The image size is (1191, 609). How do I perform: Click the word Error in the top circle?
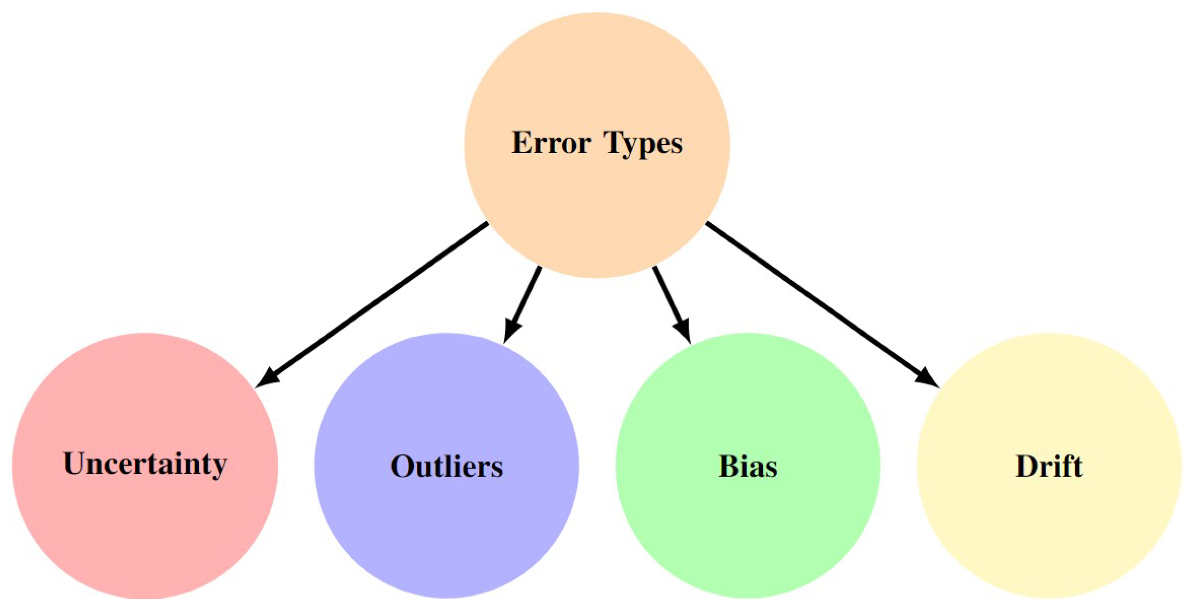(551, 143)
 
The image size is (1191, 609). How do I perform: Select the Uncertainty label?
(145, 464)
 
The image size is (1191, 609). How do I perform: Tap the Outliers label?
(447, 467)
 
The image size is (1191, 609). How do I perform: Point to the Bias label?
(748, 467)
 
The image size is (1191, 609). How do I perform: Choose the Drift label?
(1049, 467)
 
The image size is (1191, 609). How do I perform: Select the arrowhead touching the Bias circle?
(683, 331)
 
